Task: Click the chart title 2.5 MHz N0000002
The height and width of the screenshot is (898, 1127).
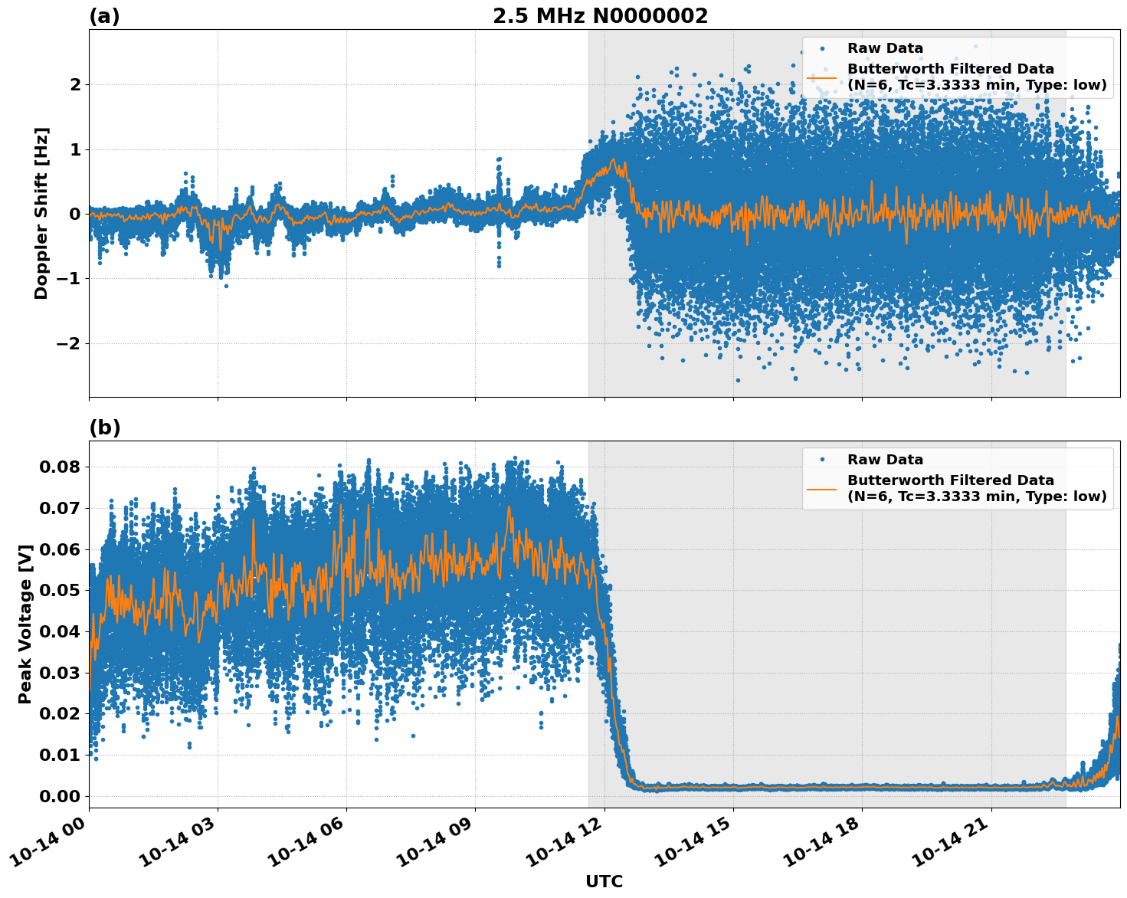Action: click(x=600, y=16)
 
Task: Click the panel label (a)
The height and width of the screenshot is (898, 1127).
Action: click(x=104, y=16)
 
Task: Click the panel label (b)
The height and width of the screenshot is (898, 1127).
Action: click(x=104, y=428)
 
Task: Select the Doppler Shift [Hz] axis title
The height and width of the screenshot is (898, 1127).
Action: click(x=41, y=213)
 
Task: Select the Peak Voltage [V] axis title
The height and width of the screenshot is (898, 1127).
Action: click(x=25, y=624)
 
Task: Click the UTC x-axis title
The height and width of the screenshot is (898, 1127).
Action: click(x=604, y=881)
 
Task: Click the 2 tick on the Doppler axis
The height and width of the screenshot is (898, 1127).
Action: click(x=74, y=84)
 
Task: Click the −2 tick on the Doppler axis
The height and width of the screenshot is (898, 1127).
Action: click(x=68, y=343)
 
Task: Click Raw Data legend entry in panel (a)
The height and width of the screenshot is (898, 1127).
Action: click(x=885, y=48)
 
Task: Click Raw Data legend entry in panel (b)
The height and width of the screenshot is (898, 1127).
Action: click(x=885, y=460)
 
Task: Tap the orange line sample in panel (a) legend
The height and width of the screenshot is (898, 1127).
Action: click(x=822, y=77)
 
